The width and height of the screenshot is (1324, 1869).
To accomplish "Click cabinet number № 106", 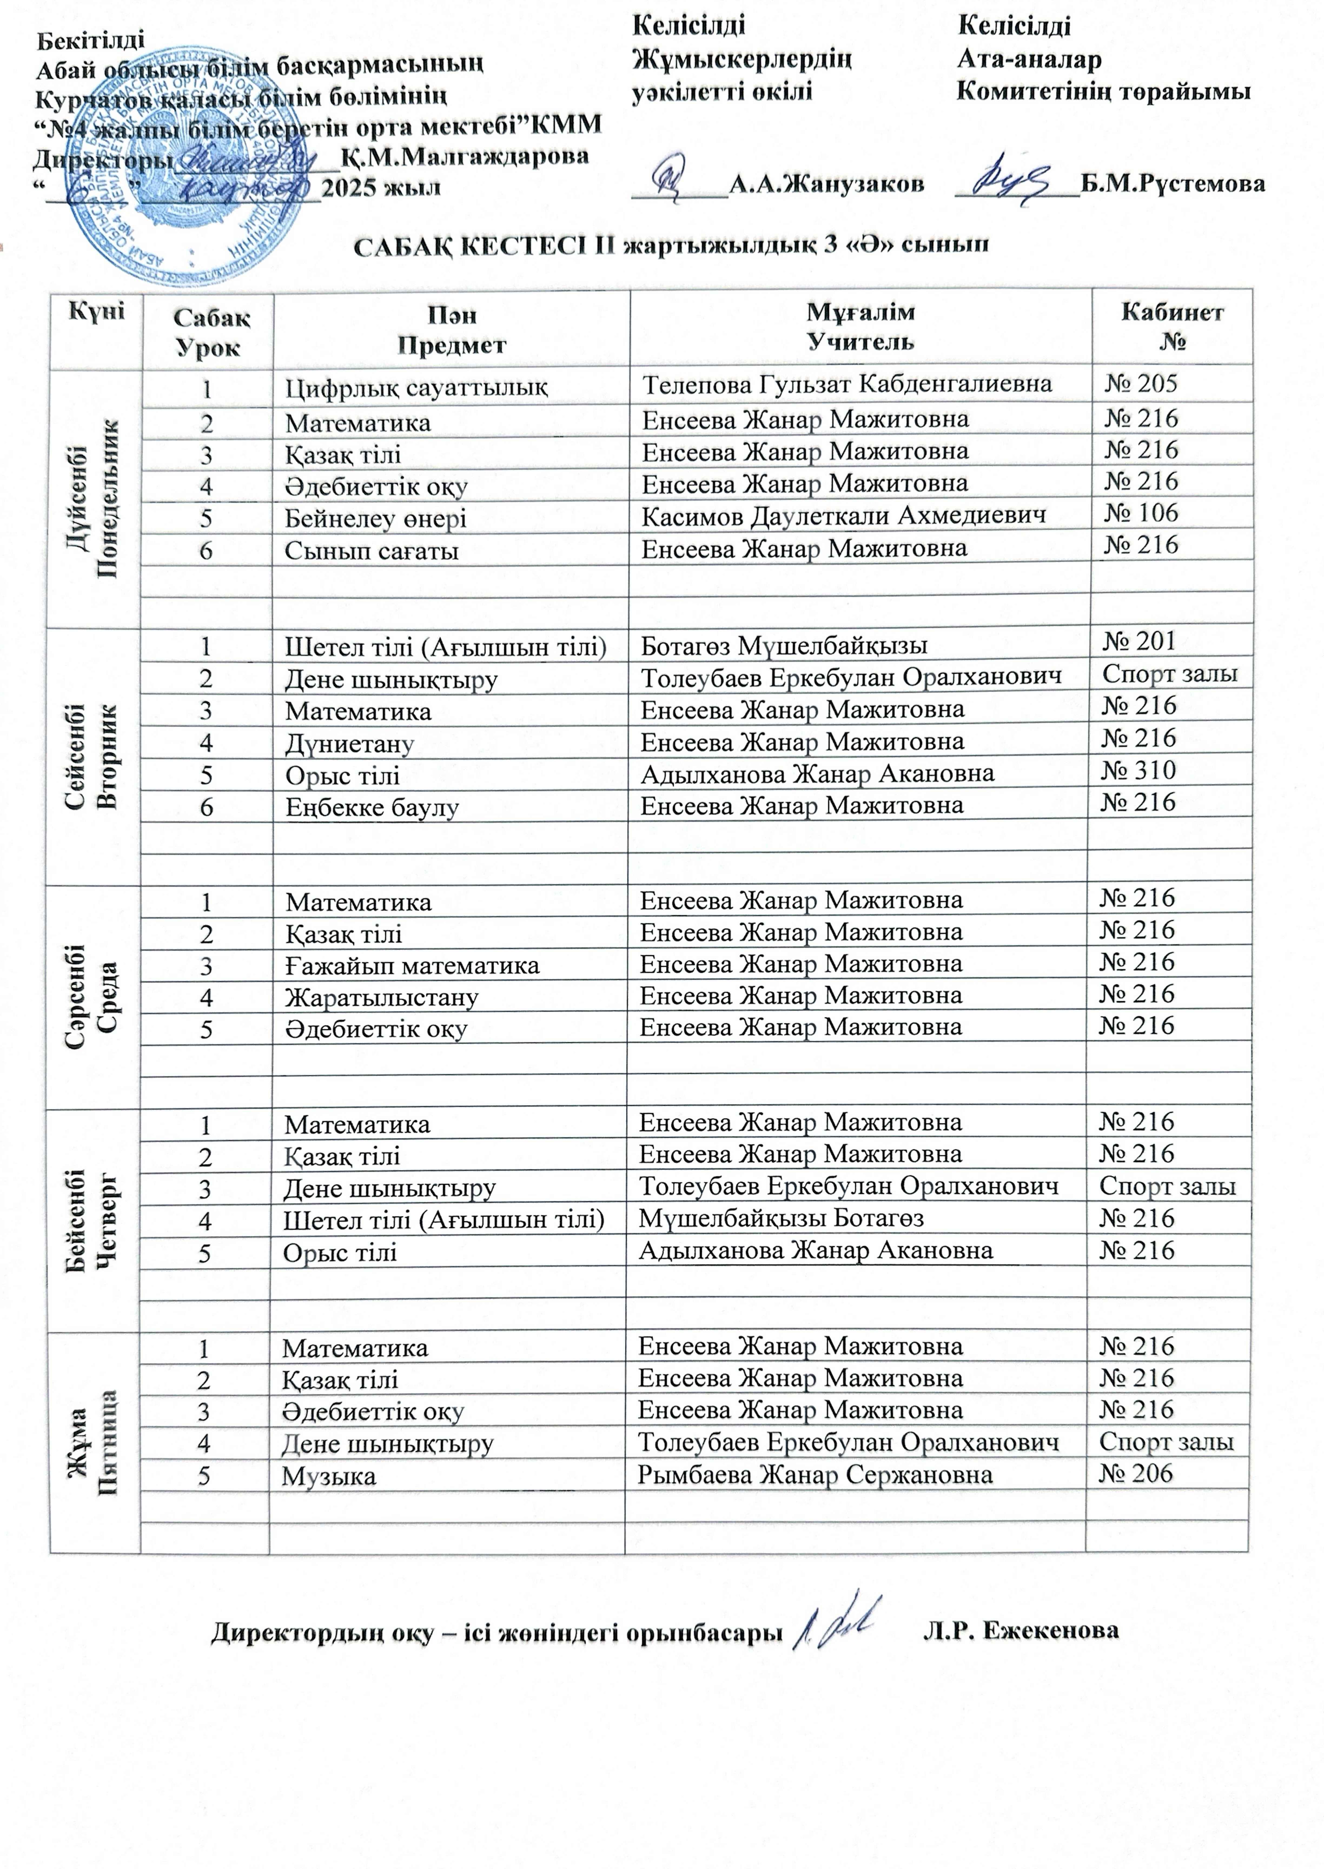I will [x=1141, y=513].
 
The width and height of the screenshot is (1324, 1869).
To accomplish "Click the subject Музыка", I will [x=329, y=1476].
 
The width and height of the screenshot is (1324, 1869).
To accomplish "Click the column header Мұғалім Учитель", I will [x=860, y=326].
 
